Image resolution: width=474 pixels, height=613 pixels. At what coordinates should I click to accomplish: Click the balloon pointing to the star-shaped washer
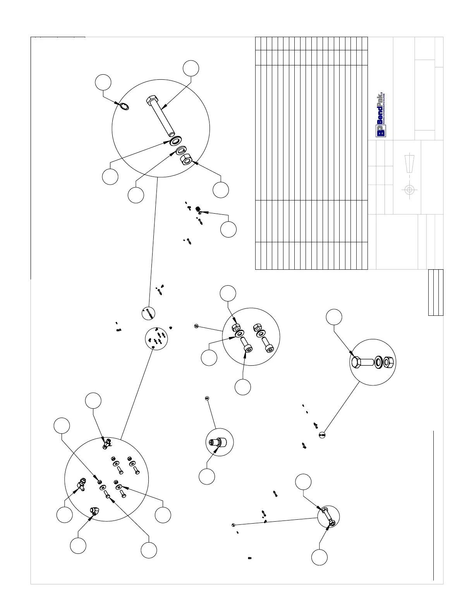[x=103, y=82]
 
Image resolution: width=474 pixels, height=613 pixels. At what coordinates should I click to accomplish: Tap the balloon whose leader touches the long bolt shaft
[x=191, y=68]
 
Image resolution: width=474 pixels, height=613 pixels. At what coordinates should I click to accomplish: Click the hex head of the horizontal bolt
[x=357, y=362]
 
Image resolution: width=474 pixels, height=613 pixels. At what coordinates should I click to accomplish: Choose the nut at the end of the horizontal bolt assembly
[x=389, y=362]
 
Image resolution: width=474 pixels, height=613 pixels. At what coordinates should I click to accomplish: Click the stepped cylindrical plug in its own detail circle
[x=216, y=442]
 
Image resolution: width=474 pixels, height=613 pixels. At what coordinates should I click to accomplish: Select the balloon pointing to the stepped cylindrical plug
[x=207, y=476]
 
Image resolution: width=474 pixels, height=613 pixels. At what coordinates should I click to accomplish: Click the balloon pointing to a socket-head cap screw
[x=243, y=387]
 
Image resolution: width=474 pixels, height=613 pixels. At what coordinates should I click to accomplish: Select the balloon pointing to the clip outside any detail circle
[x=228, y=229]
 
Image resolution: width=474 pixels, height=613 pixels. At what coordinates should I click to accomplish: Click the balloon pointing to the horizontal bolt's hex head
[x=334, y=317]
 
